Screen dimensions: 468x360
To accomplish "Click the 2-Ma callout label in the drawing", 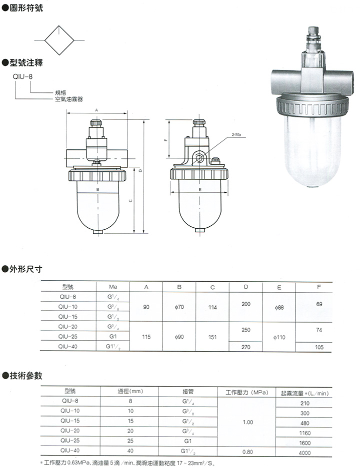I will pyautogui.click(x=236, y=135).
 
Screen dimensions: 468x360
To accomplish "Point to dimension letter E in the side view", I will pyautogui.click(x=199, y=190).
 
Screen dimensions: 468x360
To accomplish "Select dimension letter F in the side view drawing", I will pyautogui.click(x=165, y=140).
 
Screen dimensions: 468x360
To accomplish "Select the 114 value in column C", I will pyautogui.click(x=212, y=307).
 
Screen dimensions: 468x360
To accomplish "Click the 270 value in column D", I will pyautogui.click(x=245, y=347).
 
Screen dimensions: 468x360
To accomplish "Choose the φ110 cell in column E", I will pyautogui.click(x=279, y=337).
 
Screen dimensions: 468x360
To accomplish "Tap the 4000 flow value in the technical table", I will pyautogui.click(x=304, y=453).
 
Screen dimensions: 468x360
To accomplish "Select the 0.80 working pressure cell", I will pyautogui.click(x=247, y=452).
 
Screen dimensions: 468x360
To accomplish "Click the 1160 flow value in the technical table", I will pyautogui.click(x=304, y=433).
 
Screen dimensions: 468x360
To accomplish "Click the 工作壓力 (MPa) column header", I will pyautogui.click(x=247, y=393).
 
